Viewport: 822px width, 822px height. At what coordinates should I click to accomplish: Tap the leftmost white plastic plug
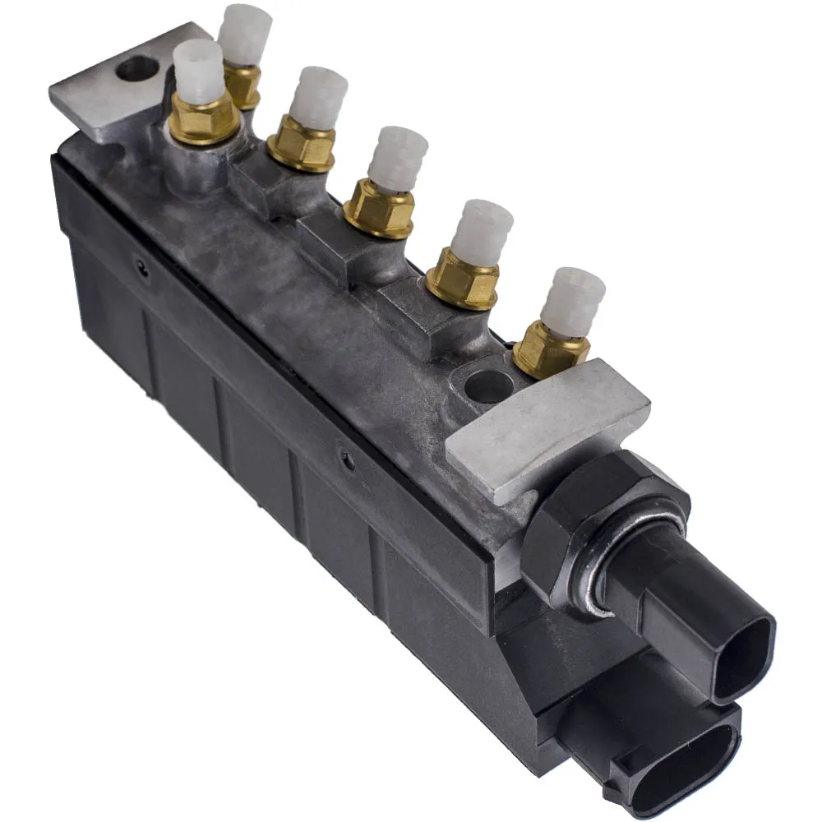pos(199,72)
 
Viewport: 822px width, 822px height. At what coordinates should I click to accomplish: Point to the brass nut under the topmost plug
pos(243,84)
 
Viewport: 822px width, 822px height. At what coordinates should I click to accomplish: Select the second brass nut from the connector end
pos(464,279)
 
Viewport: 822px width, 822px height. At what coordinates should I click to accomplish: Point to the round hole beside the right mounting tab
pos(488,385)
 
